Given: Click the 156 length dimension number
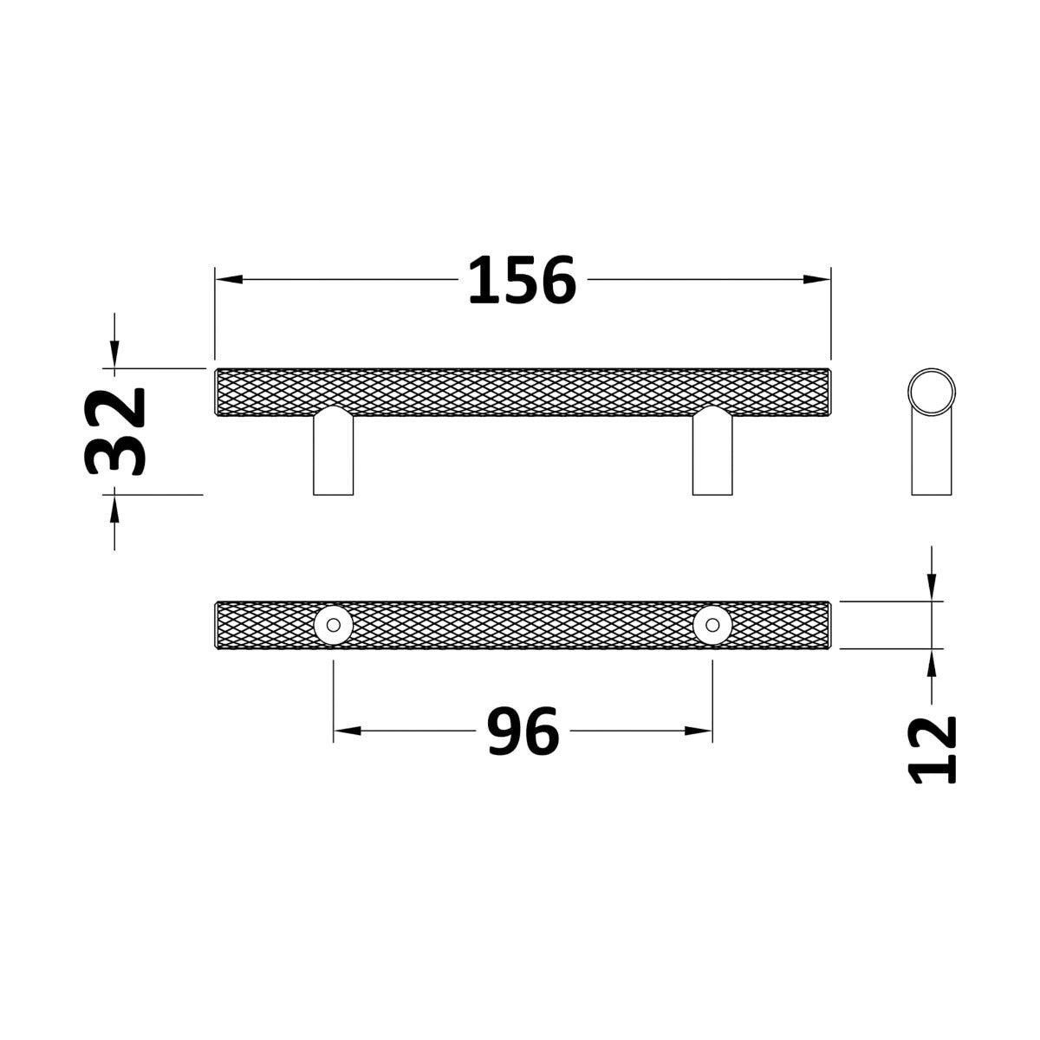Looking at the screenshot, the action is pos(522,280).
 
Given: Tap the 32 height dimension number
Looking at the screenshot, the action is pos(115,432).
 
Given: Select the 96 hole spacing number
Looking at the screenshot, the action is pos(523,731).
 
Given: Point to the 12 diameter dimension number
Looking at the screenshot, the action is pos(932,750).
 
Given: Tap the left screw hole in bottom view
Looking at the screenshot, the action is pos(334,625).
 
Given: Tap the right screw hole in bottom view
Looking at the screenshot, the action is pos(712,625).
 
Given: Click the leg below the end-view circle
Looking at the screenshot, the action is pos(932,456).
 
